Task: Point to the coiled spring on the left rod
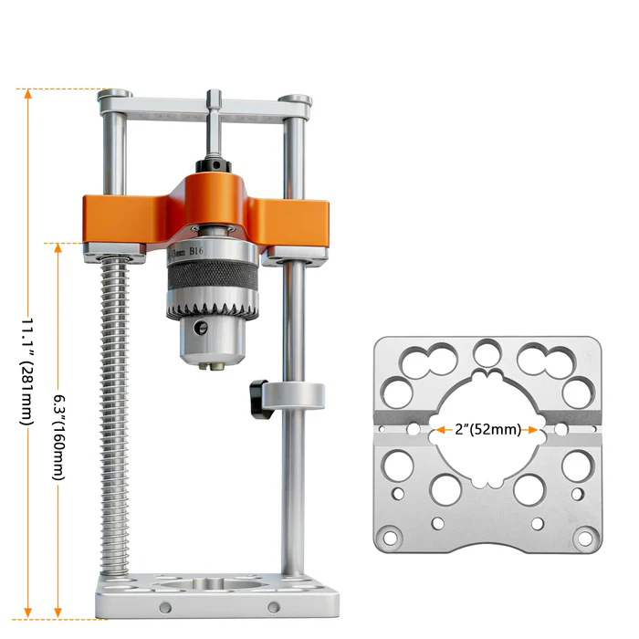point(116,411)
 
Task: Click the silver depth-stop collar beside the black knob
point(294,396)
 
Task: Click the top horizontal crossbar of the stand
point(205,111)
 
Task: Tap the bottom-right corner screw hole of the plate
point(584,538)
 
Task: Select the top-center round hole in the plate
point(487,352)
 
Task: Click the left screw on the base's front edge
point(164,607)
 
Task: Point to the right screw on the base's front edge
point(273,607)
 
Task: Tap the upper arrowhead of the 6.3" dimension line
point(59,248)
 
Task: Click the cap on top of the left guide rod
point(115,94)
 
